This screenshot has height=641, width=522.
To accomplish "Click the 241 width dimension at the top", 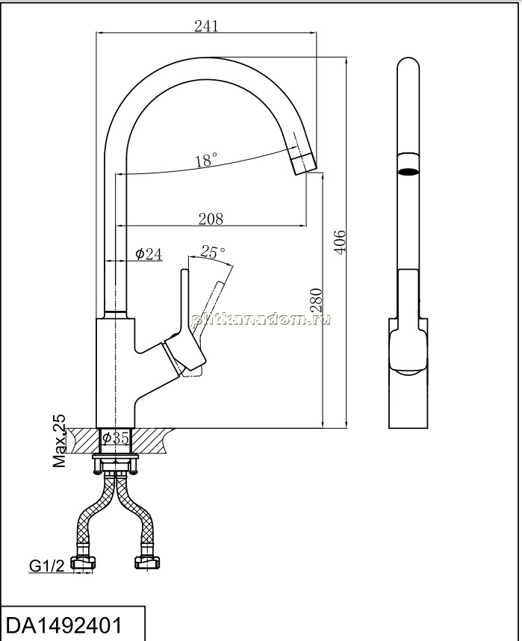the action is (x=206, y=25).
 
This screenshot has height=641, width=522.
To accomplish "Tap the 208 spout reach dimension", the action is (x=211, y=219).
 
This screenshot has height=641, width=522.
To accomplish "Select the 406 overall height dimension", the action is (x=340, y=242).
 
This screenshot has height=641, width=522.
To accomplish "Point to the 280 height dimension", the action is (x=317, y=301).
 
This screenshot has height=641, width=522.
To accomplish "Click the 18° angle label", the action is (x=206, y=160).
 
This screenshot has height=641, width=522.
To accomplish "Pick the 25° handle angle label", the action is (x=213, y=252).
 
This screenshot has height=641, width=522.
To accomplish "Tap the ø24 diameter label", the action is (x=149, y=254).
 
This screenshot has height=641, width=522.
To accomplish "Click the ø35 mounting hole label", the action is (x=116, y=438).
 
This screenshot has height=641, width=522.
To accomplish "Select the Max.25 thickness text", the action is (x=59, y=441).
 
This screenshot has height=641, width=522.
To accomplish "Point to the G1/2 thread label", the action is (x=46, y=566).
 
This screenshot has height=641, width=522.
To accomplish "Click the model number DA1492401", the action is (x=64, y=625).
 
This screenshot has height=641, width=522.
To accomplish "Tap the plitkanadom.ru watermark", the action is (x=261, y=319).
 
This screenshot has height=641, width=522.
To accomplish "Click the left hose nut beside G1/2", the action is (x=84, y=563).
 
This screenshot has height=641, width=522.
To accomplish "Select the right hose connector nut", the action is (x=148, y=563).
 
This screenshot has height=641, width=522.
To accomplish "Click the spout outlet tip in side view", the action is (x=305, y=163).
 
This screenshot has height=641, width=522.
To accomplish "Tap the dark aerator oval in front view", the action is (x=408, y=171).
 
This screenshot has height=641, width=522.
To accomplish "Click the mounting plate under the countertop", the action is (x=115, y=456).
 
